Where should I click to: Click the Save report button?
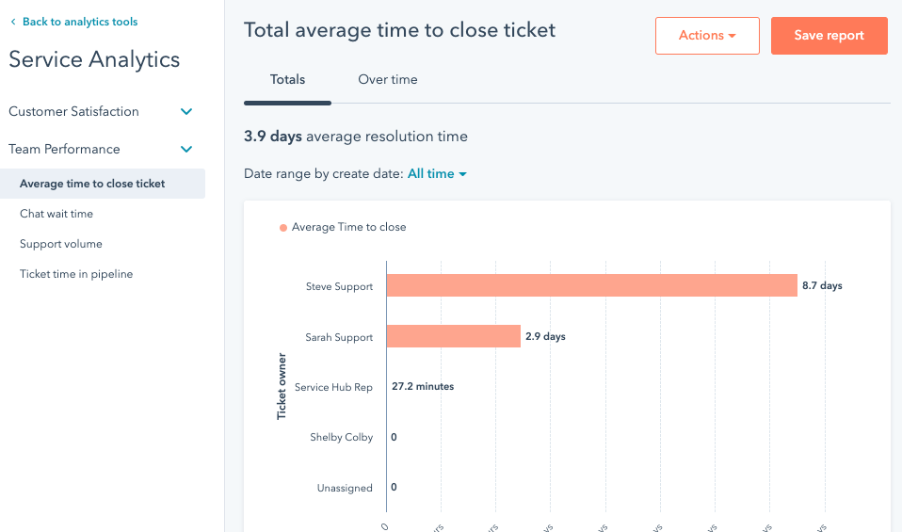click(829, 36)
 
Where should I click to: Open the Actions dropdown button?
click(707, 36)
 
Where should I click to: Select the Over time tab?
click(387, 80)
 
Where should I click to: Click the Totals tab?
click(287, 80)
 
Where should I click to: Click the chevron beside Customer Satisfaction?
click(186, 112)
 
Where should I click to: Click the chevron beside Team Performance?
click(186, 150)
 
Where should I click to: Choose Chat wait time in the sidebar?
click(56, 214)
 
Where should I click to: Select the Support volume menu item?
click(61, 244)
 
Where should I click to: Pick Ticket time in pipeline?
click(76, 274)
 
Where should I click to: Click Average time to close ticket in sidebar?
click(92, 184)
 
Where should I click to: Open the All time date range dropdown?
click(437, 174)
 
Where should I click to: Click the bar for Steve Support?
click(591, 285)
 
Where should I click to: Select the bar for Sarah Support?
click(453, 336)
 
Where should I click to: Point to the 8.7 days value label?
click(822, 285)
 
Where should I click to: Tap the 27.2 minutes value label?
click(423, 386)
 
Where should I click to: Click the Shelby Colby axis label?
click(341, 437)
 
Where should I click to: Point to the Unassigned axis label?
click(345, 488)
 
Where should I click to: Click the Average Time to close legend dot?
click(283, 228)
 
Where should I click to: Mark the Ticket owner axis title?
click(282, 386)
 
